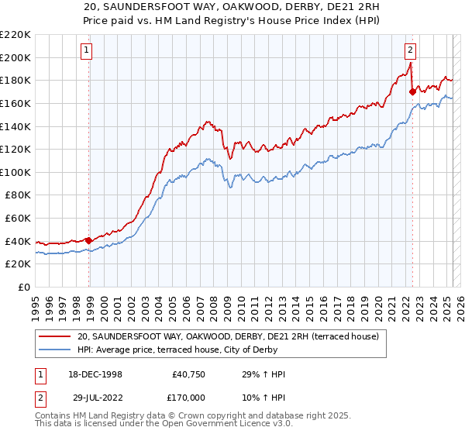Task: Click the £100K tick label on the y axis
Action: [16, 172]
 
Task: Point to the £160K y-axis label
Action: [16, 103]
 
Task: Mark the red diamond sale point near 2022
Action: [412, 91]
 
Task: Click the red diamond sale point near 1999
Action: [89, 240]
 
